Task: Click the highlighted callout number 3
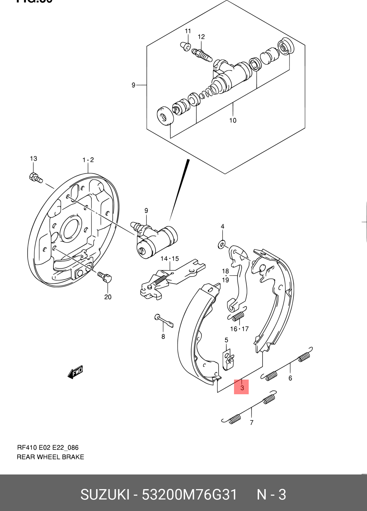point(242,387)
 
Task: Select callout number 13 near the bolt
point(33,158)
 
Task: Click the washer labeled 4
point(222,244)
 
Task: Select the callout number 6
point(290,378)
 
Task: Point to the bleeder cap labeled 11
point(186,46)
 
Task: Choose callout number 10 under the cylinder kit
point(233,120)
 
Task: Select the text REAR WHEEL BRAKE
point(50,457)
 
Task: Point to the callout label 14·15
point(170,259)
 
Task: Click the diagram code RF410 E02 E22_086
point(48,447)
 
